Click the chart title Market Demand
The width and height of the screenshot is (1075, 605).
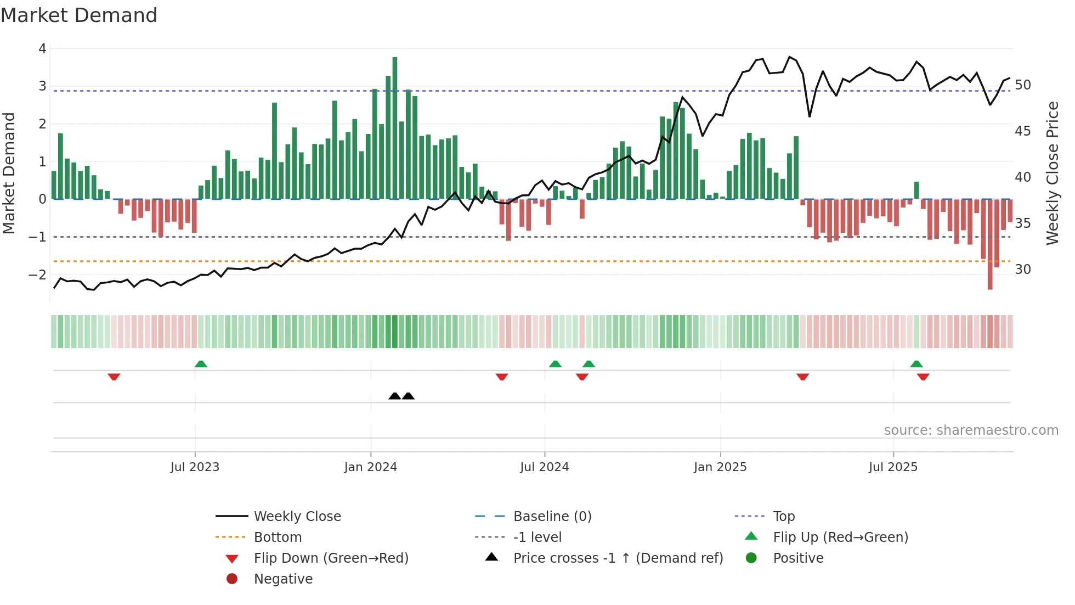point(79,15)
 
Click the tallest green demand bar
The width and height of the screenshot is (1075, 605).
point(395,127)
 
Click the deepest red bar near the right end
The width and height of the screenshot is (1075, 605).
point(990,244)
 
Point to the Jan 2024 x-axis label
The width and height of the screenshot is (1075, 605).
point(370,467)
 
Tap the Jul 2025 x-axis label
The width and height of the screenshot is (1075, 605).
point(893,467)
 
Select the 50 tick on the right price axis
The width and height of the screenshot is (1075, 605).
point(1023,85)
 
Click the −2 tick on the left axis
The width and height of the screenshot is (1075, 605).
point(37,275)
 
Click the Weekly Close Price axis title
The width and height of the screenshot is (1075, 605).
point(1052,173)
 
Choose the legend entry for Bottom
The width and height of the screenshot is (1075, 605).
point(278,537)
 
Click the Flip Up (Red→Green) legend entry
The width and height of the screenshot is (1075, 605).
point(840,537)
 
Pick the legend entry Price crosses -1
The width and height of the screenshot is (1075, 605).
point(618,558)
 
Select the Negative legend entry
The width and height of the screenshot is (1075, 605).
point(283,579)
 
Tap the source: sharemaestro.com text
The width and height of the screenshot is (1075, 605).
point(971,430)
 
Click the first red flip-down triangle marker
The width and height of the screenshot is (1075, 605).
point(114,377)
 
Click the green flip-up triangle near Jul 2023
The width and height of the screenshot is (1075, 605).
point(201,364)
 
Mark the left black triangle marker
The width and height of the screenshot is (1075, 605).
point(394,396)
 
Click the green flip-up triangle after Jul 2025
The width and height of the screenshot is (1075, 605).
point(916,364)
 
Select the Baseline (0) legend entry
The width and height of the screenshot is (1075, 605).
point(552,516)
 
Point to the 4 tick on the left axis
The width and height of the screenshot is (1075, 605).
point(42,48)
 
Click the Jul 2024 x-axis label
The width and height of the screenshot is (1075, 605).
point(544,467)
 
